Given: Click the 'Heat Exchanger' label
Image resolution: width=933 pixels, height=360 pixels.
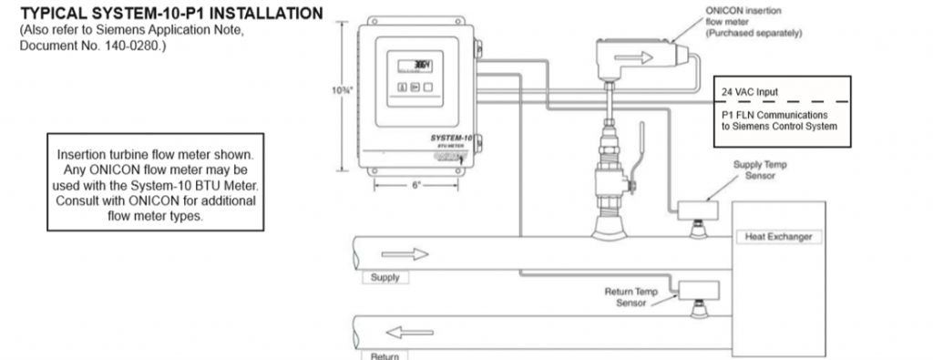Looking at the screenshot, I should click(779, 237).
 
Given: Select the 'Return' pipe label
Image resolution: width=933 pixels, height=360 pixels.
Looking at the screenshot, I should click(384, 355).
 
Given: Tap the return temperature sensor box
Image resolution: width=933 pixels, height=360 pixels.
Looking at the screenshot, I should click(699, 290).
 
